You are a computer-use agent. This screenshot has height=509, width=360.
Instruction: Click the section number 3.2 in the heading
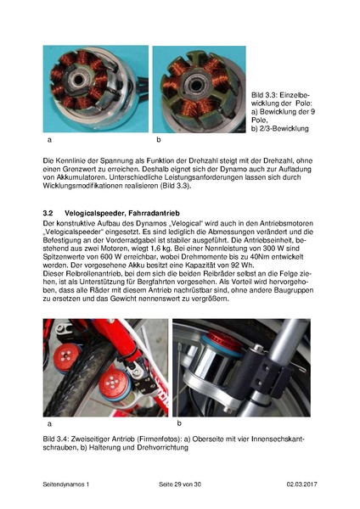click(x=48, y=210)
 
